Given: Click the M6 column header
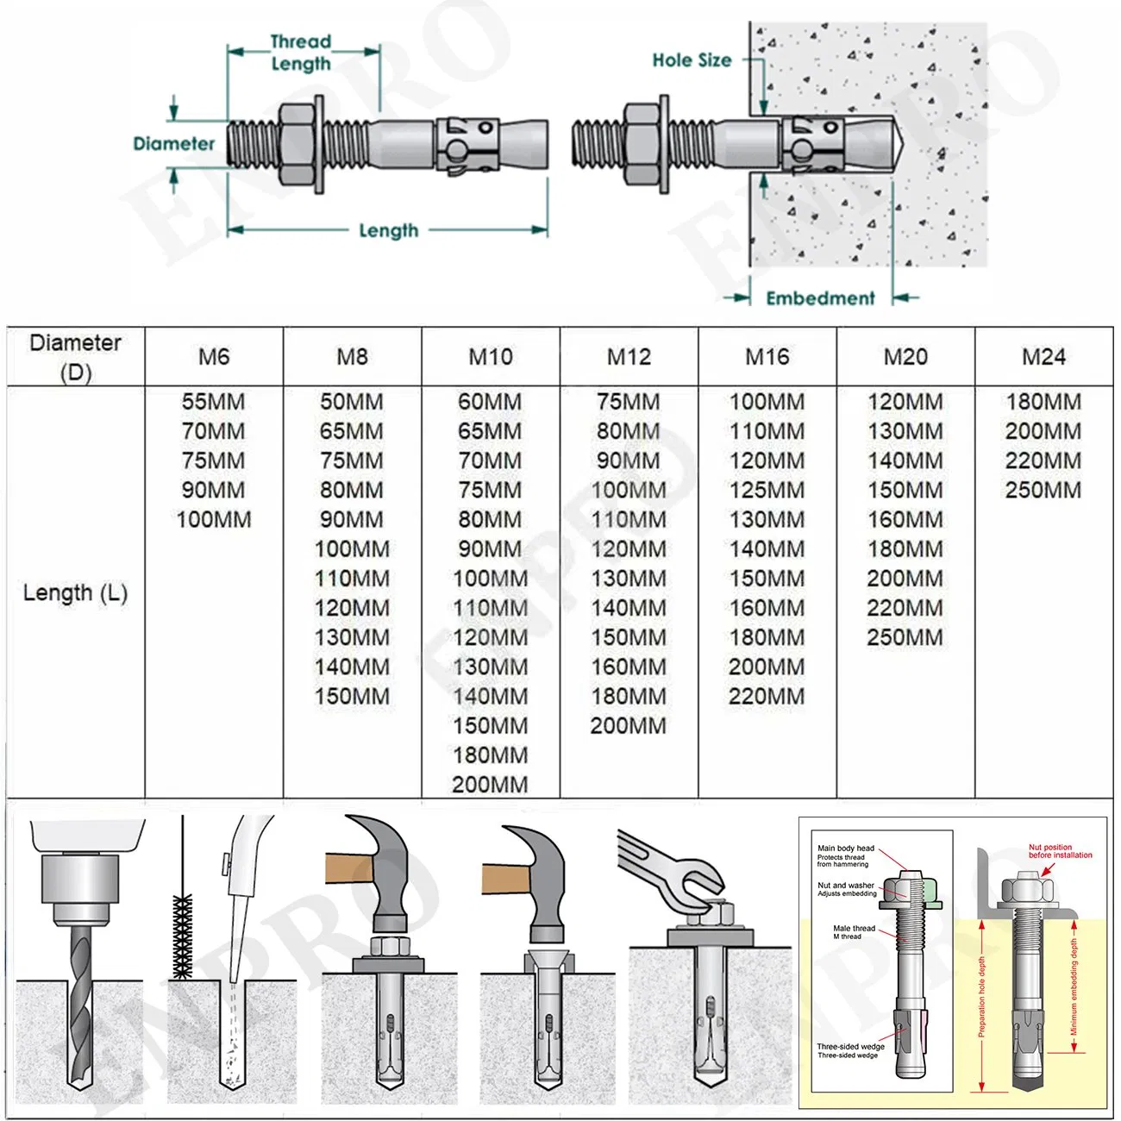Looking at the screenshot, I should pos(214,357).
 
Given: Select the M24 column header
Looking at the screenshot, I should pos(1043,357).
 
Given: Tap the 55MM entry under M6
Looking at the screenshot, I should pos(214,402).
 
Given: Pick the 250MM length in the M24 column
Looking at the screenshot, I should pos(1043,490).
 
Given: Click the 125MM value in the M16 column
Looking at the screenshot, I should pos(767,490).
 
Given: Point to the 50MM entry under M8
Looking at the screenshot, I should pos(352,402).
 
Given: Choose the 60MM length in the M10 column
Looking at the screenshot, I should pos(490,402).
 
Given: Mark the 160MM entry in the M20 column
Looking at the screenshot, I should pos(905,519).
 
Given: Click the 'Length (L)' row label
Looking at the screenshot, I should pos(75,593).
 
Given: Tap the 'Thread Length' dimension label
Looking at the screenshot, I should pos(301,53).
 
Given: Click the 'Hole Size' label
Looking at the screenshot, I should pos(692,60).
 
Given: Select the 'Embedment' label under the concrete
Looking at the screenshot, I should pos(820,298).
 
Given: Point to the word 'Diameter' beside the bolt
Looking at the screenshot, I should pos(173,144).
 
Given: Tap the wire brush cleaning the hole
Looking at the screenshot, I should pos(183,936).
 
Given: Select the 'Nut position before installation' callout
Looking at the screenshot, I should pos(1060,851).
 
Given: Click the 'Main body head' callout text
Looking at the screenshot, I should pos(845,849).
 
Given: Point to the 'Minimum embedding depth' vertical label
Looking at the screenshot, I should pos(1074,987).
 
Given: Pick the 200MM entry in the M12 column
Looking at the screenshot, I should pos(629,726).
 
